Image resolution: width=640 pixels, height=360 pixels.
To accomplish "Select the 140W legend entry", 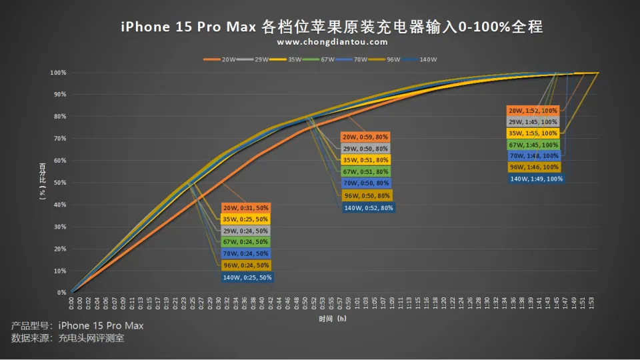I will tap(427, 59).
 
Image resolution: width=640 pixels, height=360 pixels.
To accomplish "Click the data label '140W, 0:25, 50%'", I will tap(247, 277).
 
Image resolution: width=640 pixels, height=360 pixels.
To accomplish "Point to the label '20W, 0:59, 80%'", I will tap(365, 137).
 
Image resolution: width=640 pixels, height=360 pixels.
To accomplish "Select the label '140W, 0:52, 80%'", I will tap(368, 208).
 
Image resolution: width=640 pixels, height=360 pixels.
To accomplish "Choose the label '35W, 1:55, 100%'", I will tap(533, 133).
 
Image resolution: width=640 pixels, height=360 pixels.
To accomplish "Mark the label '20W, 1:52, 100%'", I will tap(533, 111).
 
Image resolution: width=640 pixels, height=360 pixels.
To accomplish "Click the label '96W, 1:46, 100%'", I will tap(533, 167).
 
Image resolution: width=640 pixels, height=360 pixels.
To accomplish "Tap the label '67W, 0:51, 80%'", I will tap(365, 172).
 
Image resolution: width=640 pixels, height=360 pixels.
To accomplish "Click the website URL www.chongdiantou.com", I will tap(332, 42).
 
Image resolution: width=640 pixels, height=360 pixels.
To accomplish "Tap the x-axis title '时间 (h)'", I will tap(332, 319).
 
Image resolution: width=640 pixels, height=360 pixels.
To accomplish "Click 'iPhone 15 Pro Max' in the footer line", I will tap(101, 325).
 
